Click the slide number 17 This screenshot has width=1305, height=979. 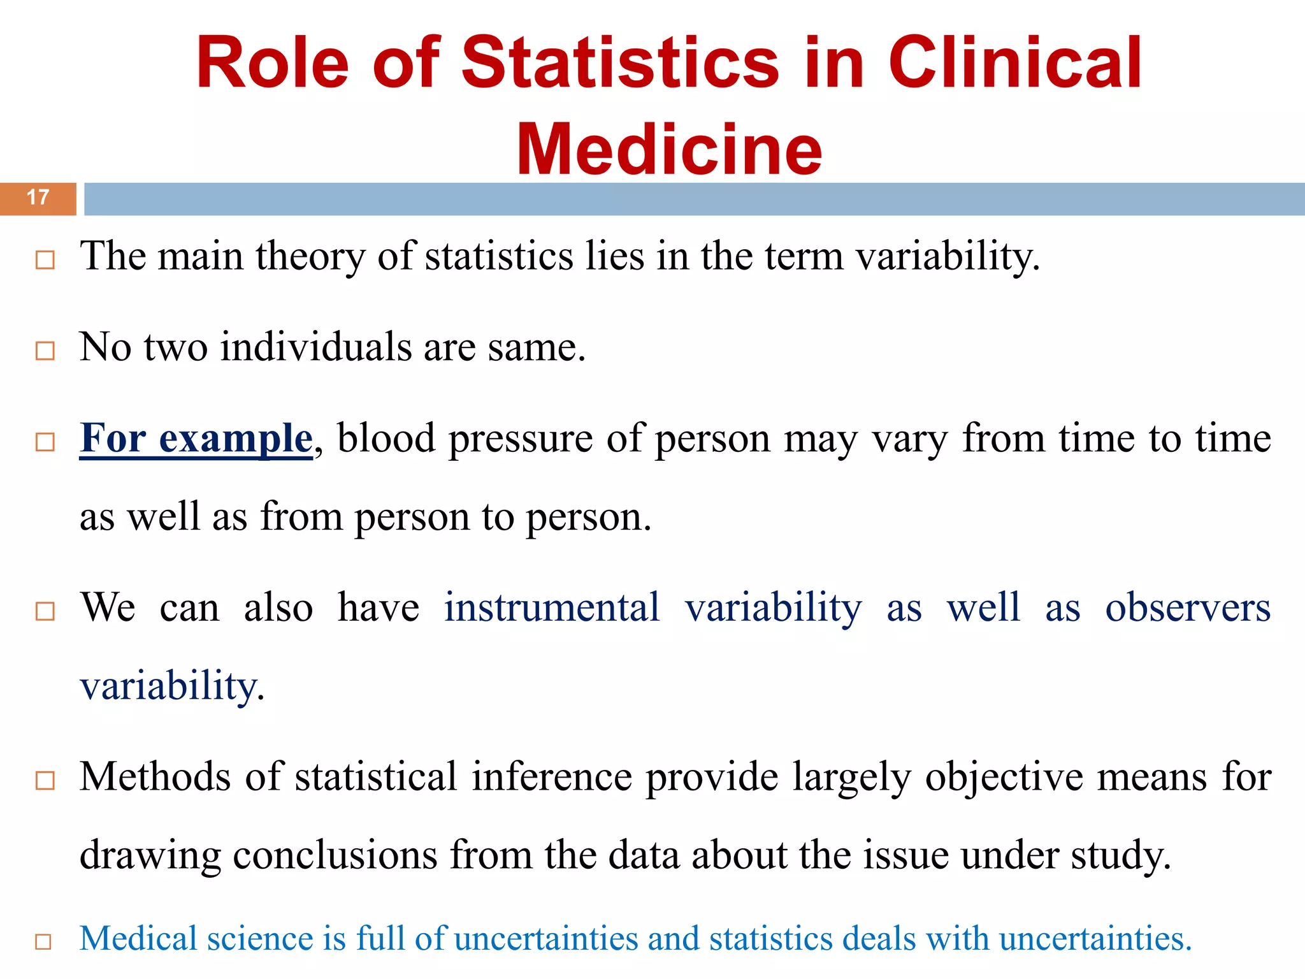38,198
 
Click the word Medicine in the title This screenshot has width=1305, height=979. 669,150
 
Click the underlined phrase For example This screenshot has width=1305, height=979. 196,439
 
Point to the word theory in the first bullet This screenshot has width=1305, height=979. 310,256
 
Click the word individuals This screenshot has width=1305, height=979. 316,348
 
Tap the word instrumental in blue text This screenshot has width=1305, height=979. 552,607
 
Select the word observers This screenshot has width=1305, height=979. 1188,607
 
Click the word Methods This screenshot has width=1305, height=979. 155,777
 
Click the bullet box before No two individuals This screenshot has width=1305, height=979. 45,351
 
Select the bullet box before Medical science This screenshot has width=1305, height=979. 43,941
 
